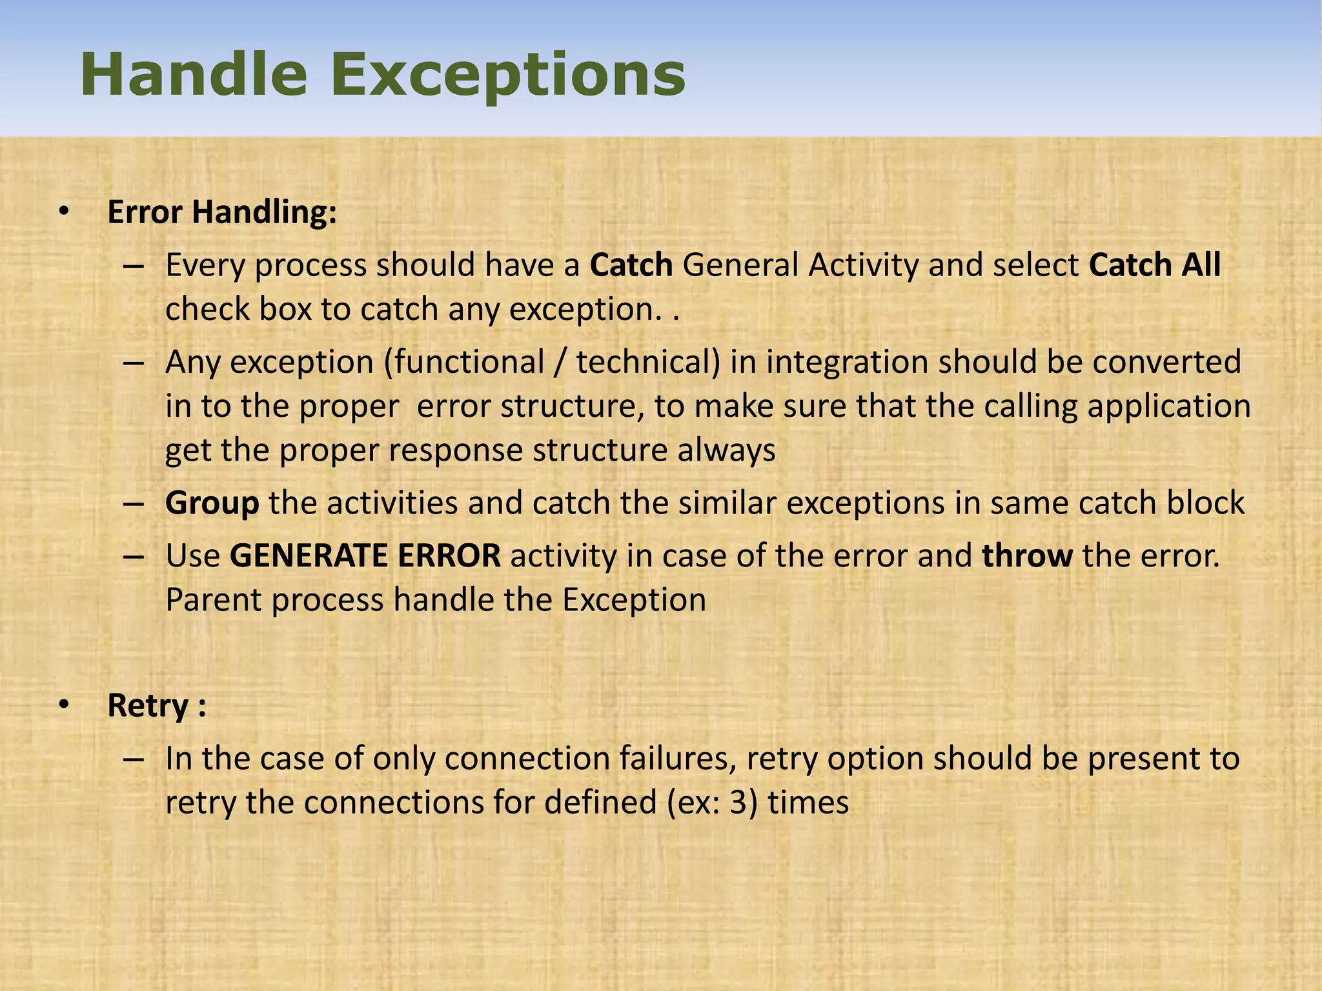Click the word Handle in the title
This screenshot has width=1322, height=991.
[193, 75]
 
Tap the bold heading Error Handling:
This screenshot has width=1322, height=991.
[222, 212]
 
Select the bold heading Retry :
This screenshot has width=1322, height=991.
[157, 705]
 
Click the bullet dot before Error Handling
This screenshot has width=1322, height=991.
[63, 212]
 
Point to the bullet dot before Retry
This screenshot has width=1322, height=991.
[63, 705]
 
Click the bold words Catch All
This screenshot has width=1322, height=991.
[1155, 265]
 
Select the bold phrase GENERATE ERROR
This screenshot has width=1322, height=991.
[365, 556]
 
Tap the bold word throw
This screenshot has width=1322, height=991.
[1028, 556]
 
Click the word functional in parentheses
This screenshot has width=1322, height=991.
[469, 362]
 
